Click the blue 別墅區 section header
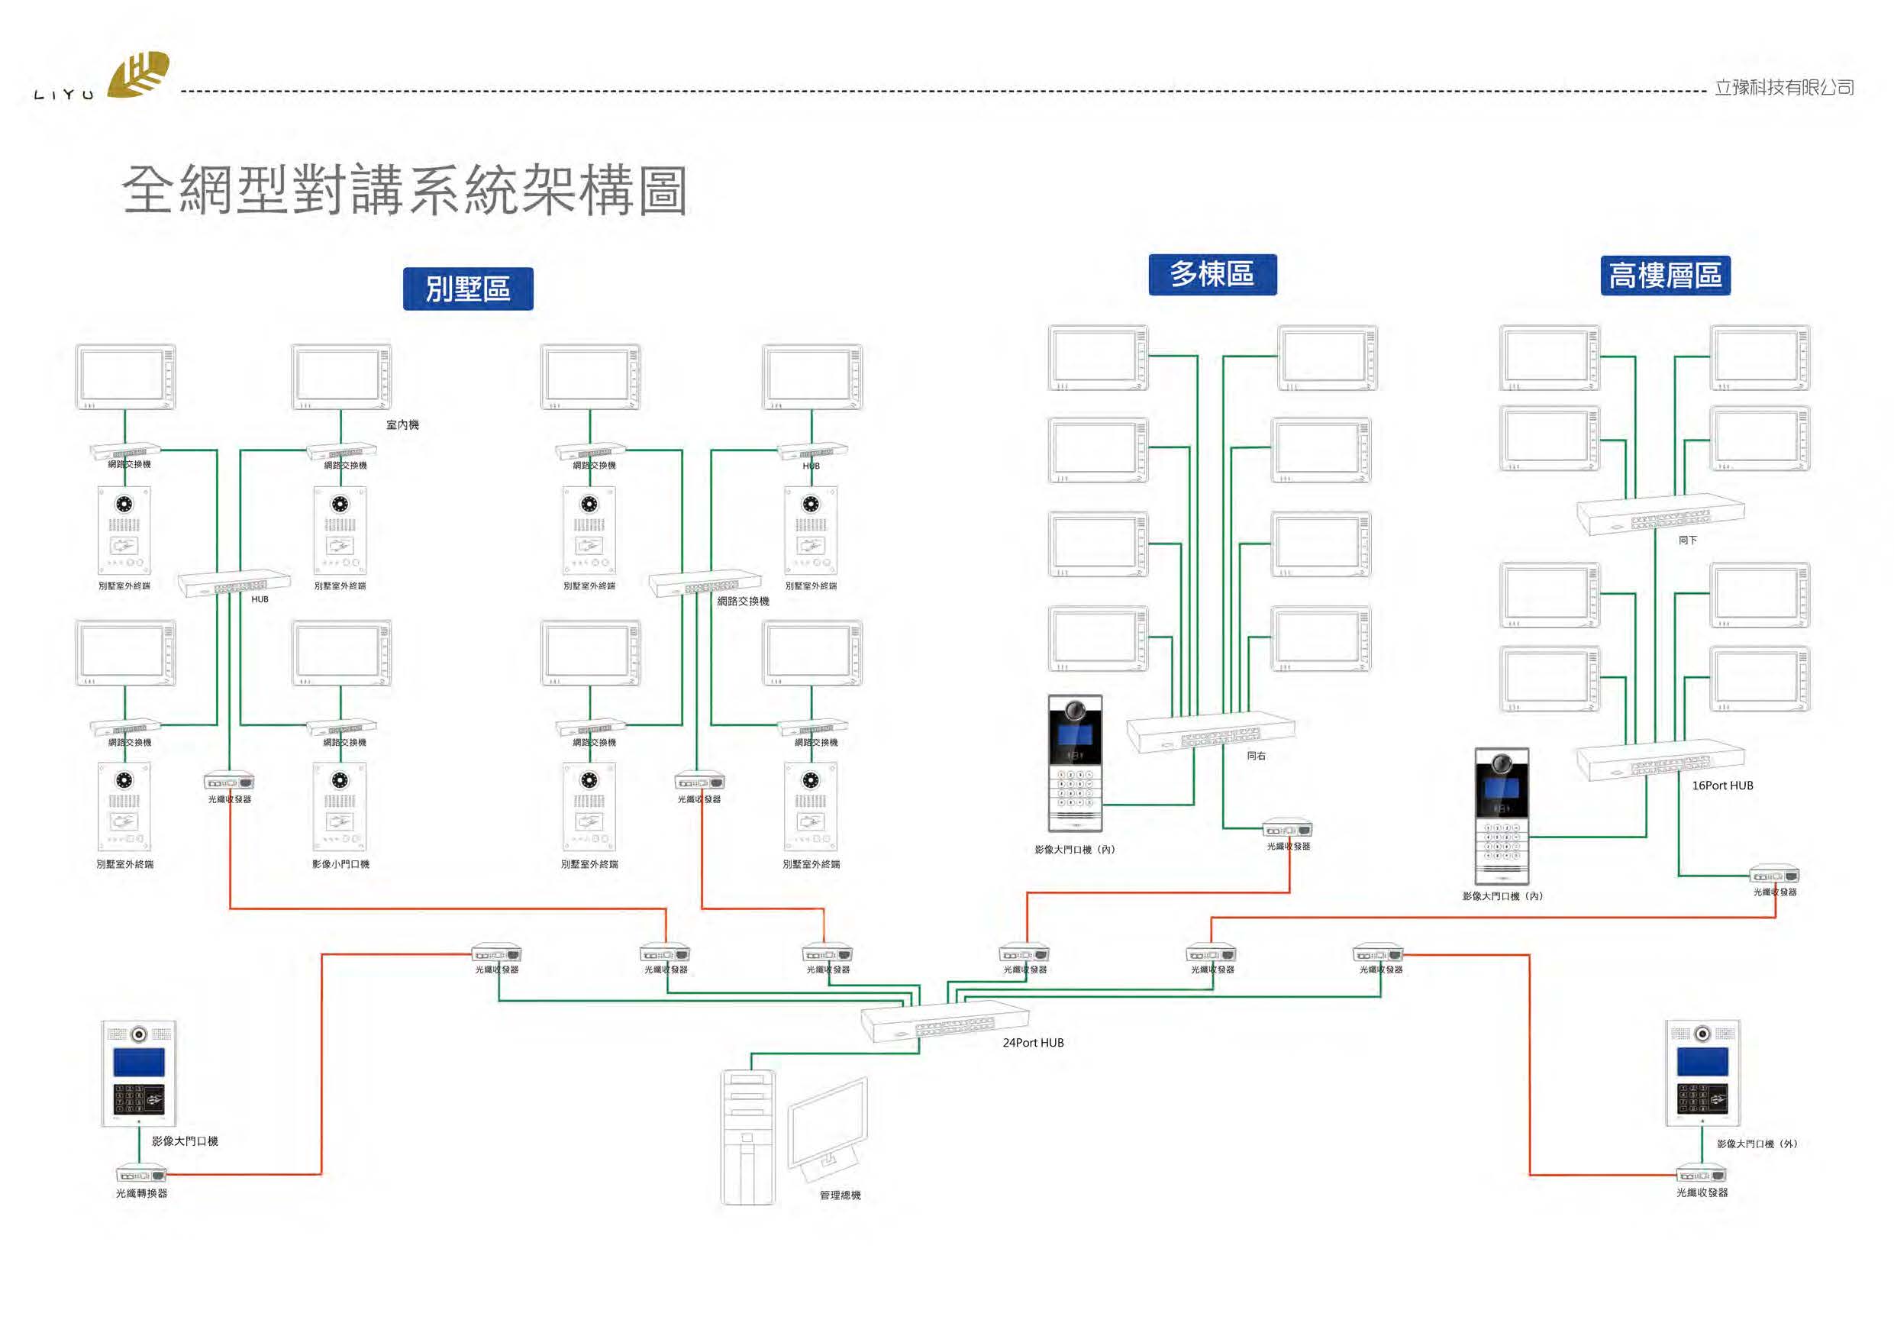click(468, 289)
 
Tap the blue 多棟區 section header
click(1212, 275)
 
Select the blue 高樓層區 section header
click(1665, 276)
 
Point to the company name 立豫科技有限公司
click(1783, 88)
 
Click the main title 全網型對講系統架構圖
click(404, 191)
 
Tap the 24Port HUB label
click(1033, 1043)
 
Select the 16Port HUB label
click(1722, 786)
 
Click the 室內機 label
click(402, 425)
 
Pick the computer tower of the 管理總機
click(747, 1137)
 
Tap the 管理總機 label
click(840, 1195)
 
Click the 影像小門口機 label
click(340, 865)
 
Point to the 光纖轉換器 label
click(141, 1193)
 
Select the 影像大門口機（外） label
click(1757, 1144)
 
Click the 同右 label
click(1256, 756)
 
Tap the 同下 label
click(1688, 540)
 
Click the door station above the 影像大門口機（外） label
click(1702, 1073)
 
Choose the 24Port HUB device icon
click(944, 1023)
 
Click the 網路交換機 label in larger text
click(743, 602)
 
